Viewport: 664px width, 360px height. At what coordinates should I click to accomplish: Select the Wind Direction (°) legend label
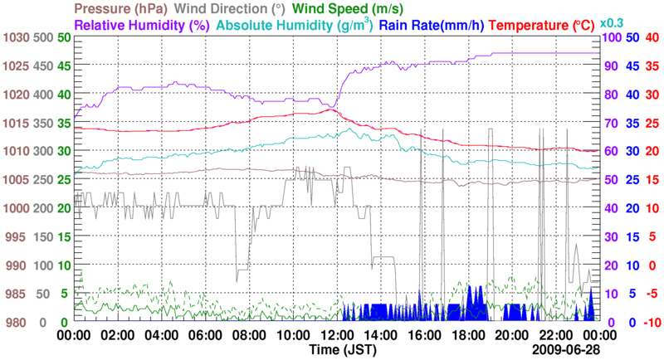pos(230,8)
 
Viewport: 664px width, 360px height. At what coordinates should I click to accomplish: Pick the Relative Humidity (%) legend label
pos(142,25)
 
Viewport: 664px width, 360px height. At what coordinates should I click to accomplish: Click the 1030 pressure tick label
pos(15,38)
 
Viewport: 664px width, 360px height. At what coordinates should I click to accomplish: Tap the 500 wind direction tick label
pos(43,38)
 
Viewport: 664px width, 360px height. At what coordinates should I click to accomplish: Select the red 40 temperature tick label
pos(652,38)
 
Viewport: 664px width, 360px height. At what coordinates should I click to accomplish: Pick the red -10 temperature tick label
pos(650,322)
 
